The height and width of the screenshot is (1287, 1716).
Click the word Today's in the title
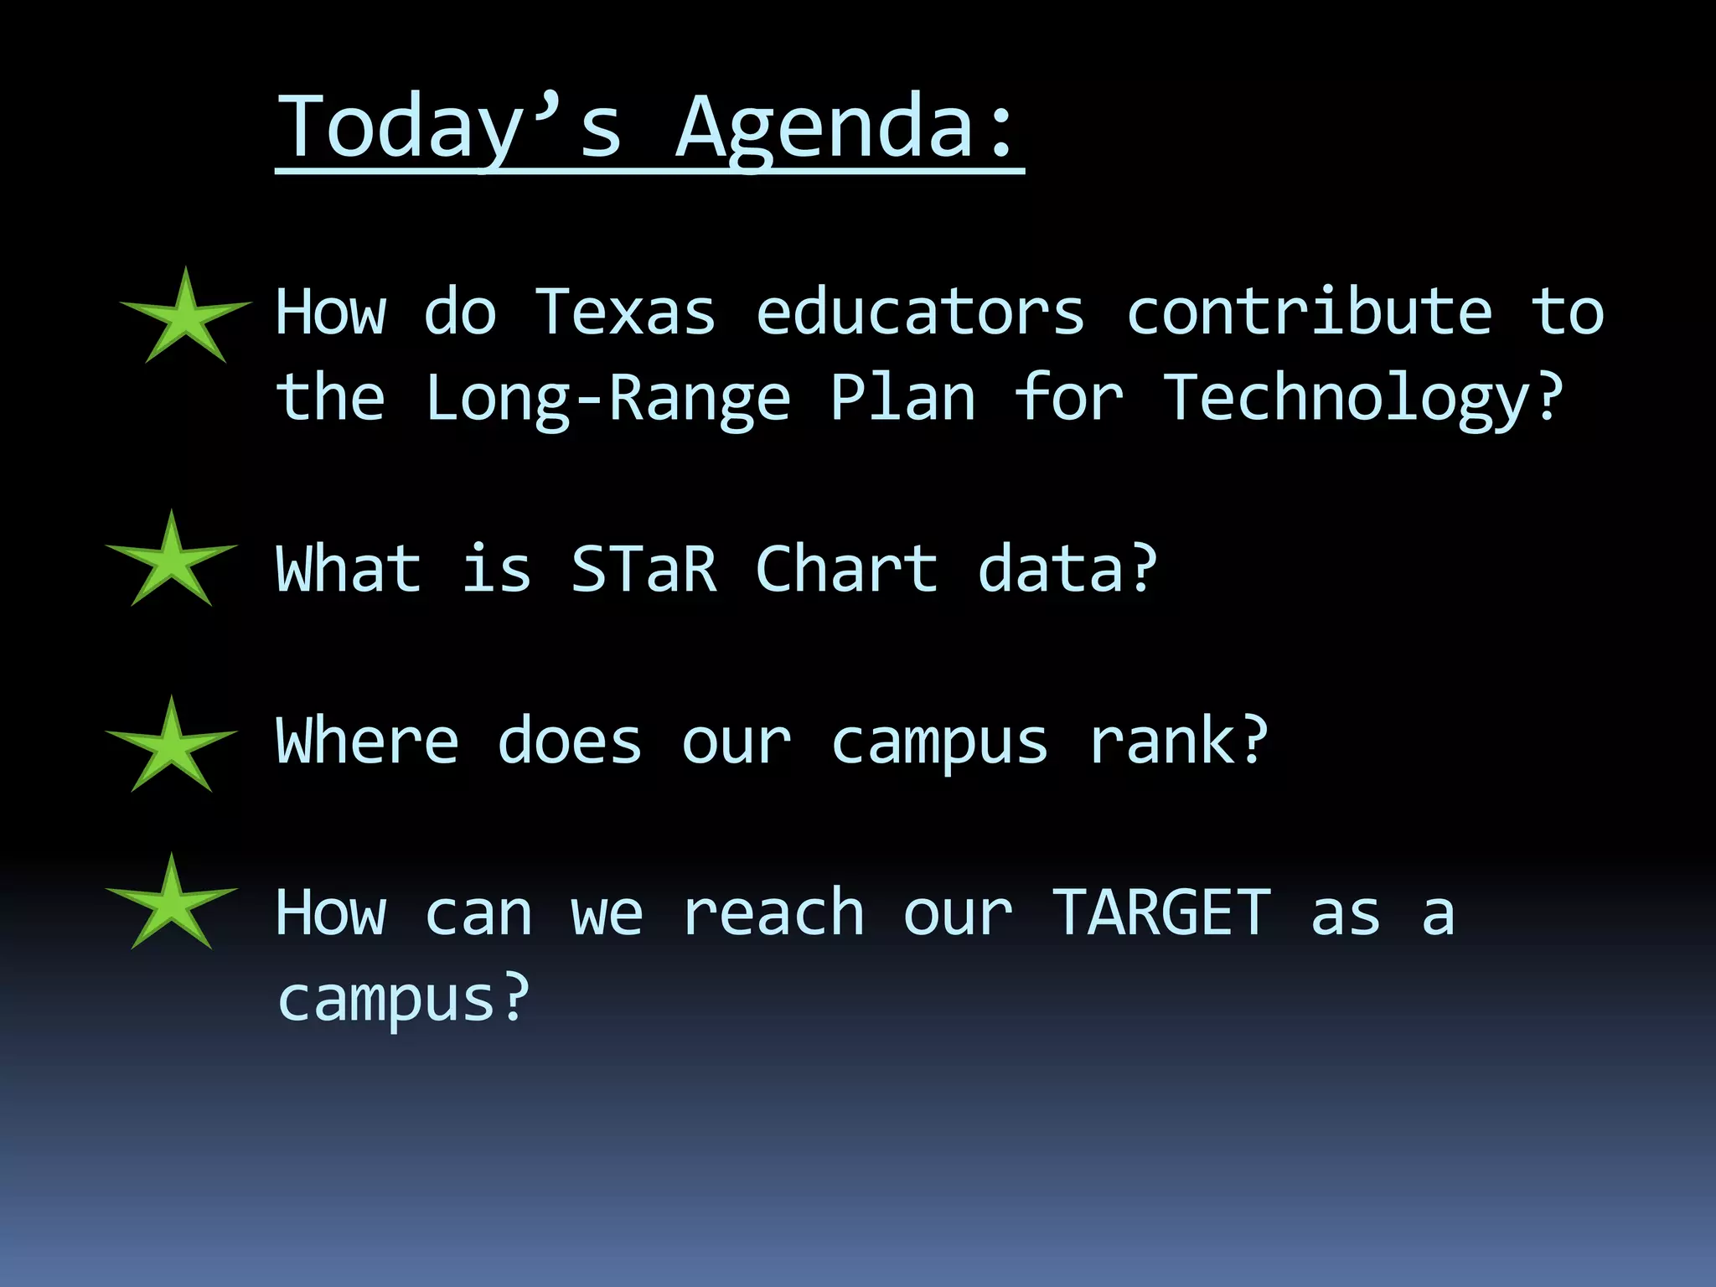pyautogui.click(x=449, y=127)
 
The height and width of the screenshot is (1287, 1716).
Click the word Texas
pyautogui.click(x=625, y=312)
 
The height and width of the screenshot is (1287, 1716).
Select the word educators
pyautogui.click(x=920, y=312)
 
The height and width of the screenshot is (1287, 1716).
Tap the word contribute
pyautogui.click(x=1309, y=312)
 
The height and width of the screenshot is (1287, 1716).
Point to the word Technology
pyautogui.click(x=1362, y=398)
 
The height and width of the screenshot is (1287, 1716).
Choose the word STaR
pyautogui.click(x=643, y=569)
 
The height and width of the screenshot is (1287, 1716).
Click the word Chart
pyautogui.click(x=846, y=569)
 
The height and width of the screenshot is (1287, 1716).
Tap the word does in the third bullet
pyautogui.click(x=569, y=742)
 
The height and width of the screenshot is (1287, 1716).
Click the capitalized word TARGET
pyautogui.click(x=1161, y=912)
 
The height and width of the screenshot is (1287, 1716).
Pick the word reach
pyautogui.click(x=773, y=912)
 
